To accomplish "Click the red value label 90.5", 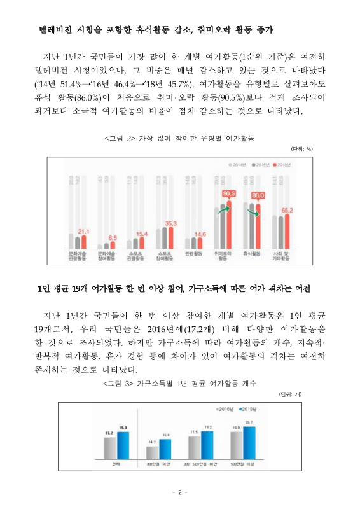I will (x=229, y=193).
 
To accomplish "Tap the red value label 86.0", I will (x=258, y=195).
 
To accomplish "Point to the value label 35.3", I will (x=170, y=223).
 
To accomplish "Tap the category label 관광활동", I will (x=193, y=253).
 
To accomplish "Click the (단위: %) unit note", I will (x=301, y=149).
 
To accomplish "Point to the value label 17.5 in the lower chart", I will (x=195, y=432).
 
